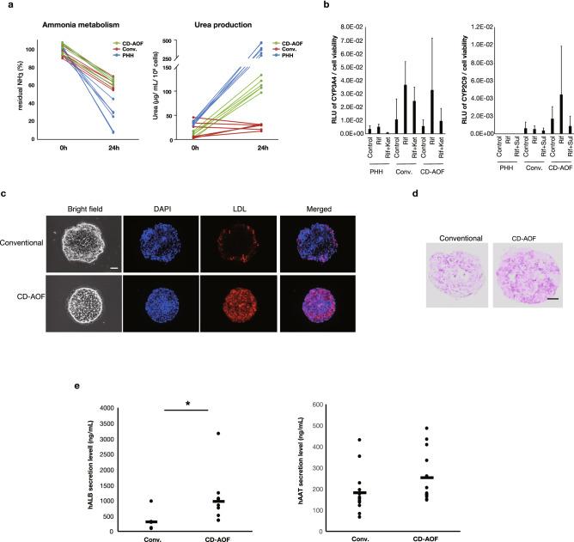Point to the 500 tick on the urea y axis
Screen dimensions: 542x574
pyautogui.click(x=181, y=41)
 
